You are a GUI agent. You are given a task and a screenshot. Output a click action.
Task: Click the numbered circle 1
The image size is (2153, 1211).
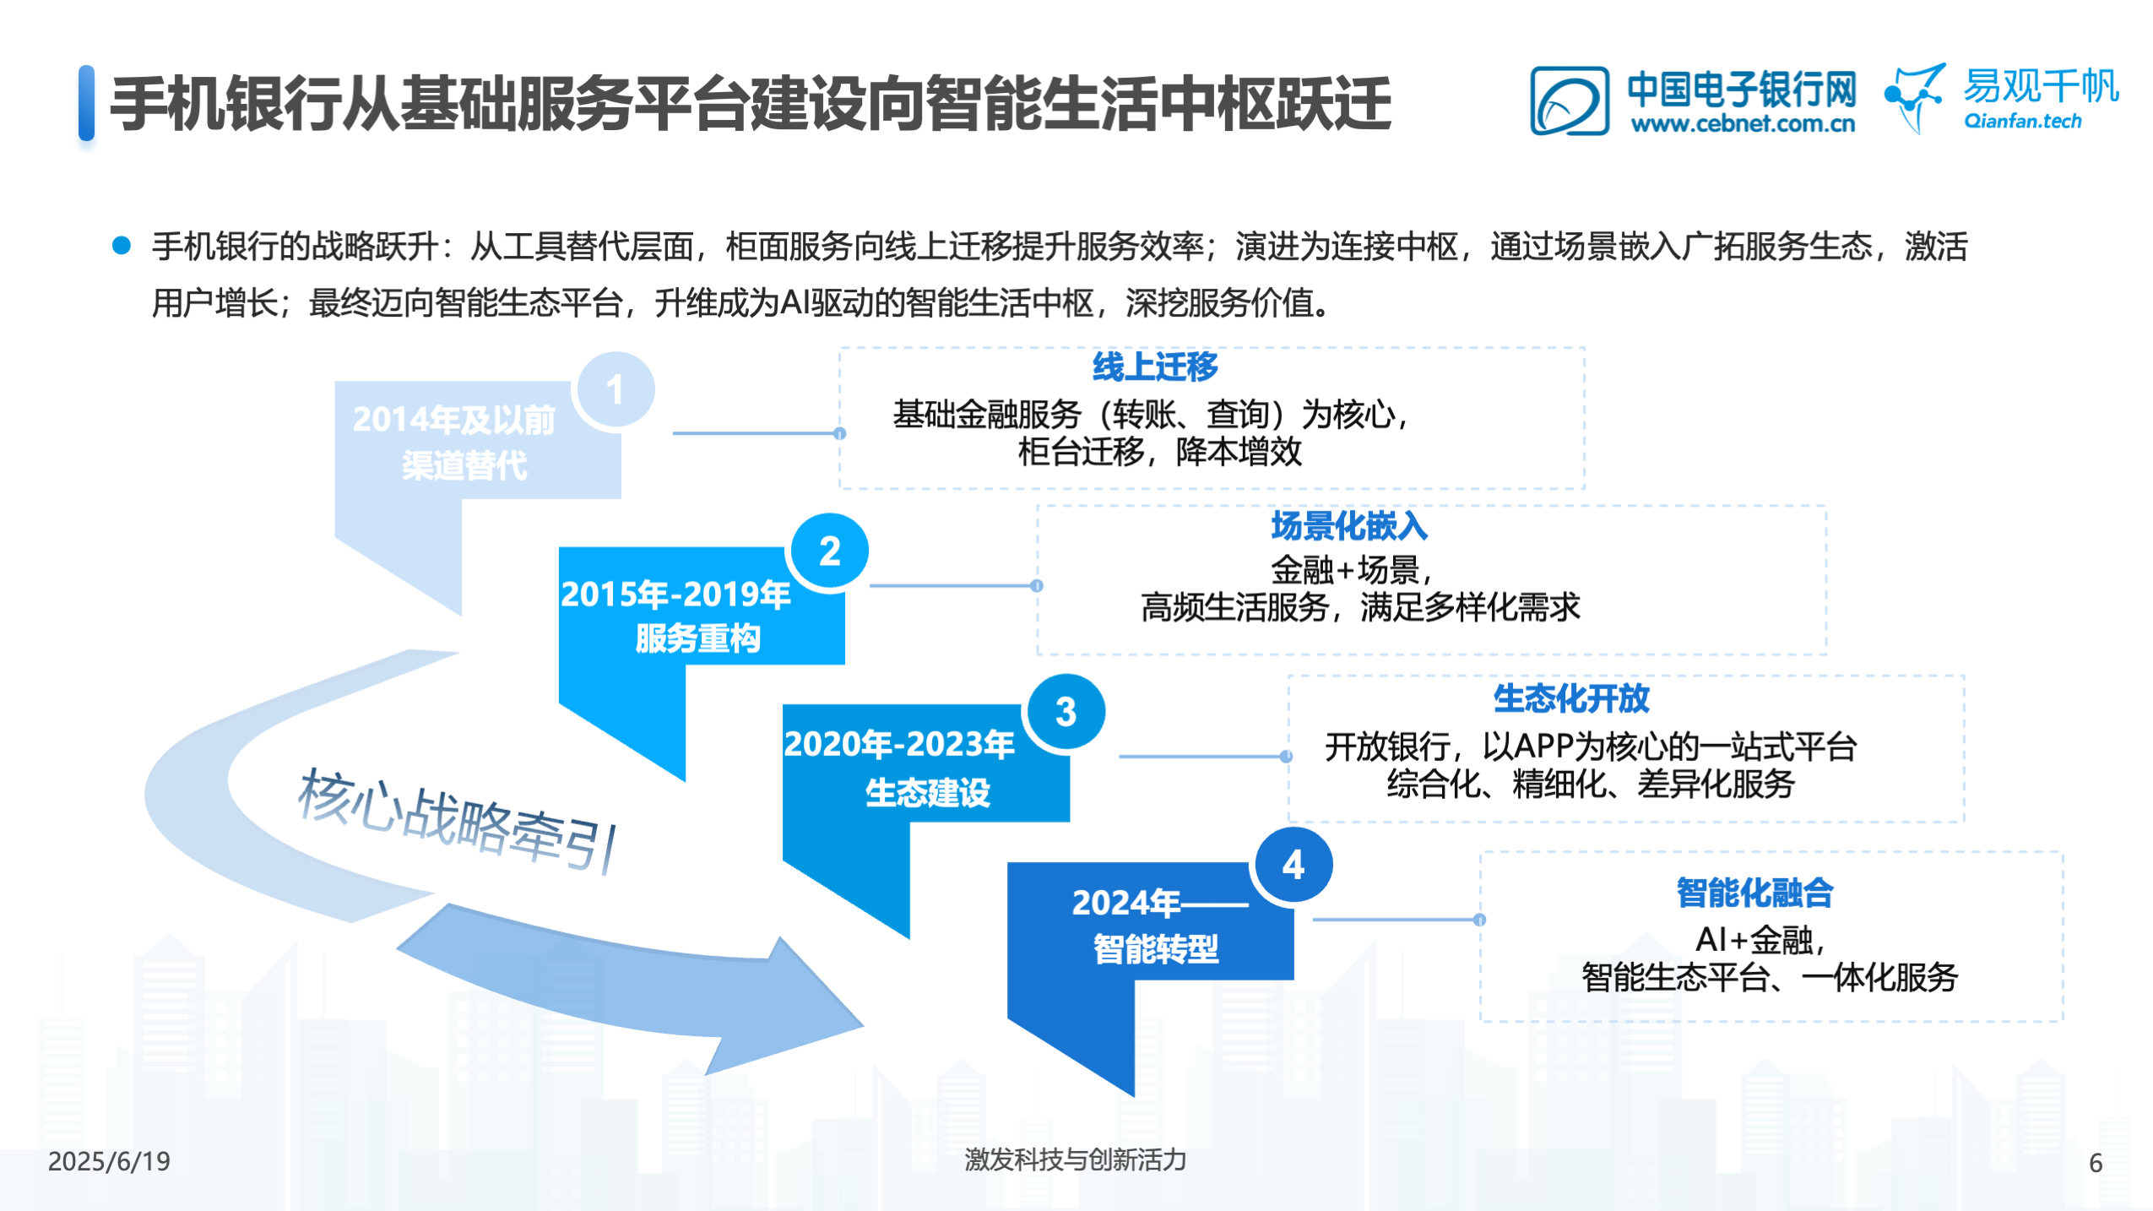(615, 390)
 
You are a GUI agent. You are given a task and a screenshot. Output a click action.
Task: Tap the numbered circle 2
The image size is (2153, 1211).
(829, 551)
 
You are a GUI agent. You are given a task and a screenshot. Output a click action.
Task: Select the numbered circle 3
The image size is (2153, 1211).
(1066, 713)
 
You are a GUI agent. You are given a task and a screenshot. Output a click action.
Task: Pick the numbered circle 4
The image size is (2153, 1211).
(1293, 866)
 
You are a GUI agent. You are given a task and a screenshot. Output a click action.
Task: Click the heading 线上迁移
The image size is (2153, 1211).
(1155, 367)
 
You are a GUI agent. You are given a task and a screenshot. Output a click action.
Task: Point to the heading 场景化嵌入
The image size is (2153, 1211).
(1348, 526)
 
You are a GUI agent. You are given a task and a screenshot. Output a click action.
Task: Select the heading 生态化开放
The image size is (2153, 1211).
(1570, 698)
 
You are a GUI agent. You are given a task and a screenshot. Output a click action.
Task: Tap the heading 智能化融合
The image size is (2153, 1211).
(1754, 893)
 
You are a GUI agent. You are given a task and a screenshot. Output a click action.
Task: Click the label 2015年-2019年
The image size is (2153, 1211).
(675, 595)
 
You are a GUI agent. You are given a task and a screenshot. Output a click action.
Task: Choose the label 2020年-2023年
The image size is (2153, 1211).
(899, 744)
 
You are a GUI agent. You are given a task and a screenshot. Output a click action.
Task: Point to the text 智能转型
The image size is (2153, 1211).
(1155, 949)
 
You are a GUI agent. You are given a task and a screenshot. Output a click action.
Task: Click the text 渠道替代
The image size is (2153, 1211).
(464, 465)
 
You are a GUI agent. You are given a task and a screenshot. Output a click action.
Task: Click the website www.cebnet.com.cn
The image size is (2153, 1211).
(1743, 123)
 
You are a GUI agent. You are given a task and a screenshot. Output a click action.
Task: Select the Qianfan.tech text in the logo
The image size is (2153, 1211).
(2022, 121)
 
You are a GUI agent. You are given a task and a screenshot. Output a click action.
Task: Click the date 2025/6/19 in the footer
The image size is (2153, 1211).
(109, 1161)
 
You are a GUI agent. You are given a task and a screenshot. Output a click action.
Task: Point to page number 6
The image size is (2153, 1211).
(2096, 1163)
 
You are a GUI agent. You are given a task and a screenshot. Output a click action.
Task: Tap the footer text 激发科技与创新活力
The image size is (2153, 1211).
(1075, 1159)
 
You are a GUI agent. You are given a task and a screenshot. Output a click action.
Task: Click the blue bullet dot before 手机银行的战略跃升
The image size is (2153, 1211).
(122, 245)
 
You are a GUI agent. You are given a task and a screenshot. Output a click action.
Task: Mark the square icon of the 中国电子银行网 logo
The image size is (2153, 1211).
(1570, 100)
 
